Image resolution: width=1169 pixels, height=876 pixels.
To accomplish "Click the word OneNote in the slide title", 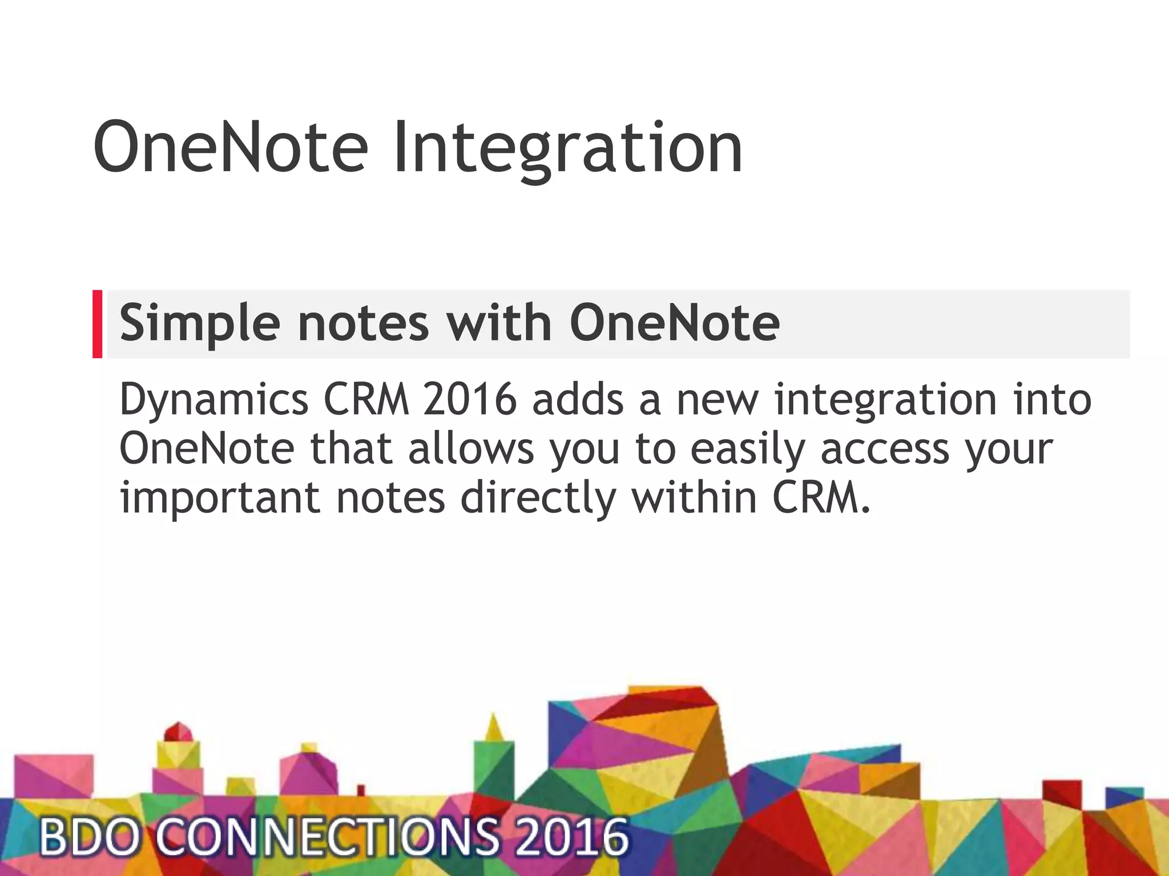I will tap(231, 147).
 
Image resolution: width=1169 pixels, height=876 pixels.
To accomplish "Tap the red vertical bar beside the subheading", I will tap(97, 324).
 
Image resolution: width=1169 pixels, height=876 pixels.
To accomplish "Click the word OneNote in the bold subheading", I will tap(675, 323).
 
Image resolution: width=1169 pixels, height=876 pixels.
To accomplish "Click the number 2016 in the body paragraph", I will tap(470, 399).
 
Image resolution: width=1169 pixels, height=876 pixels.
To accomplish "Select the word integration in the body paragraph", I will tap(885, 400).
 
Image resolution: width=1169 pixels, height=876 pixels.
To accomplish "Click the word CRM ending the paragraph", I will tap(821, 497).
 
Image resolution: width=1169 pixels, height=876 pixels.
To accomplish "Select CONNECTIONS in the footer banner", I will tap(327, 837).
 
